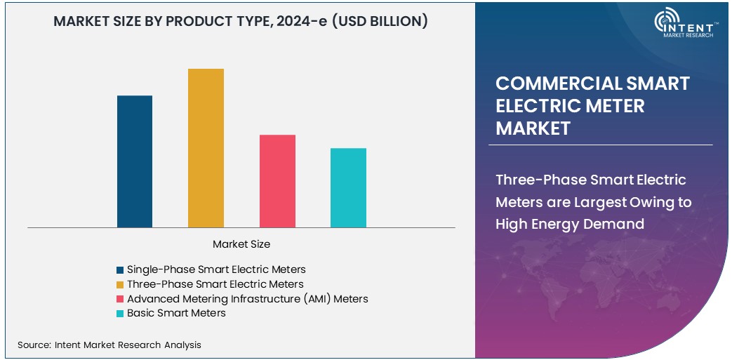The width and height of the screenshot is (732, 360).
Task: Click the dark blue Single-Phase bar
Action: click(135, 161)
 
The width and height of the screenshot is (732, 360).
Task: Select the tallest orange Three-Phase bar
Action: click(206, 148)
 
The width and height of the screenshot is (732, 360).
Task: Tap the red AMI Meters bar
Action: click(277, 181)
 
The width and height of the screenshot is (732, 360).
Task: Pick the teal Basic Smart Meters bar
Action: click(348, 187)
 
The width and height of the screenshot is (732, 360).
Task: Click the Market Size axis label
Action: click(241, 244)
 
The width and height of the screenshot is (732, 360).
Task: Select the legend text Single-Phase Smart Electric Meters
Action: click(216, 269)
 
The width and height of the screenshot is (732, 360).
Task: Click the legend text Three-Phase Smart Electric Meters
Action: click(215, 284)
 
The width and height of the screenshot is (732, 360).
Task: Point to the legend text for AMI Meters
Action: click(247, 299)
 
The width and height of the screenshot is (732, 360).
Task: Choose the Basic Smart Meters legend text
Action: click(176, 313)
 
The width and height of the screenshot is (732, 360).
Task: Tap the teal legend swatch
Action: click(121, 314)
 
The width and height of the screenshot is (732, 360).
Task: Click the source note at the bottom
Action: click(109, 345)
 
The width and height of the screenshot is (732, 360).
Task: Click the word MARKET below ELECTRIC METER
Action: click(533, 128)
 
